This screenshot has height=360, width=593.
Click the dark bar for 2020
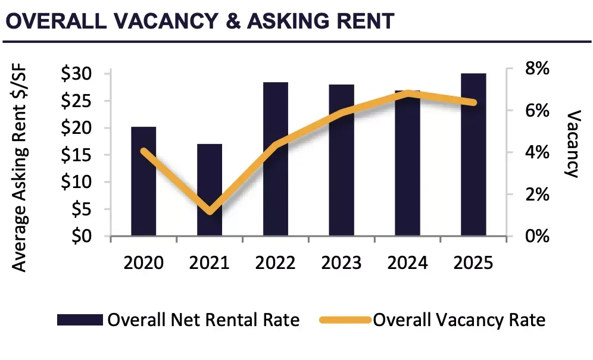(143, 181)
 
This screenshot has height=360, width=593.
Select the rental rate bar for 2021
(210, 190)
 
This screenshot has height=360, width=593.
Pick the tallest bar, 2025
(473, 155)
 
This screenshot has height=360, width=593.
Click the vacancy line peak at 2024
(408, 93)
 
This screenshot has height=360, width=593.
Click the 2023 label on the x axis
(342, 262)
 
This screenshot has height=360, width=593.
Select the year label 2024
(408, 262)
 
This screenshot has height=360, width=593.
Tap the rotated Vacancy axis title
(572, 143)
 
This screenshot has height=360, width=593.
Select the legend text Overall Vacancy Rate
(459, 320)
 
